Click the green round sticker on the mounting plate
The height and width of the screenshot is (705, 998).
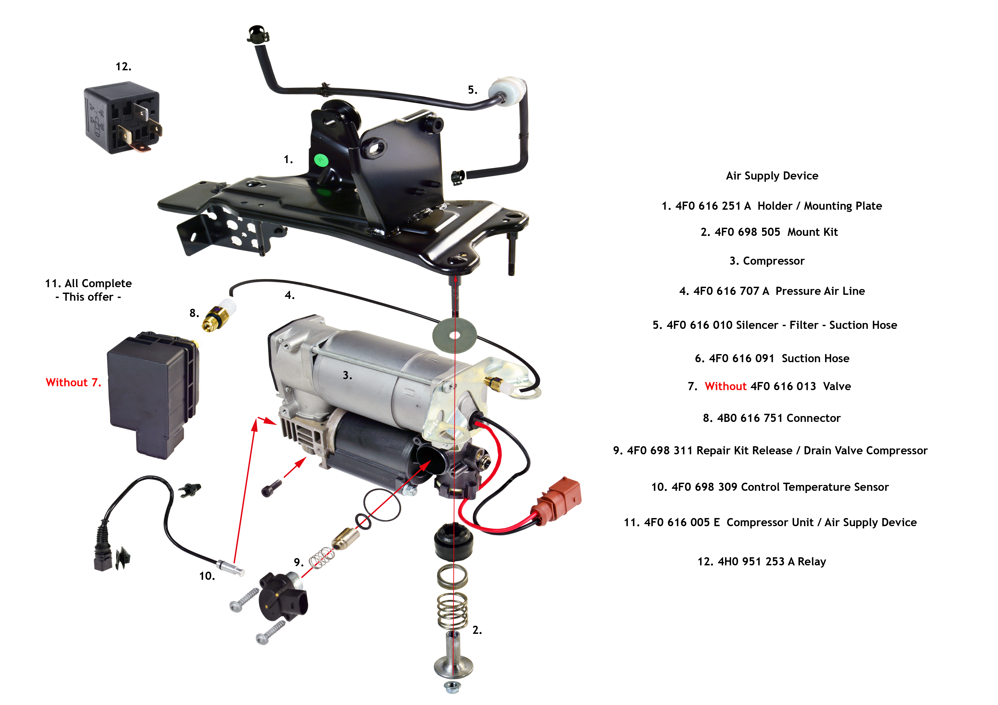pos(320,160)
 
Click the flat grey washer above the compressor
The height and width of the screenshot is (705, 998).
pos(454,335)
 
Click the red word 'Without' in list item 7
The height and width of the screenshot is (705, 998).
pos(726,386)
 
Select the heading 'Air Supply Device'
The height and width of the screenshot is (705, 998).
pos(772,176)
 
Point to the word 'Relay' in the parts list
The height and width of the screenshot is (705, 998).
pos(811,562)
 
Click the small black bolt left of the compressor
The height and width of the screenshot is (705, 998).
pos(271,488)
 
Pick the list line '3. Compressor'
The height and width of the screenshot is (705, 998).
pos(767,261)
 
